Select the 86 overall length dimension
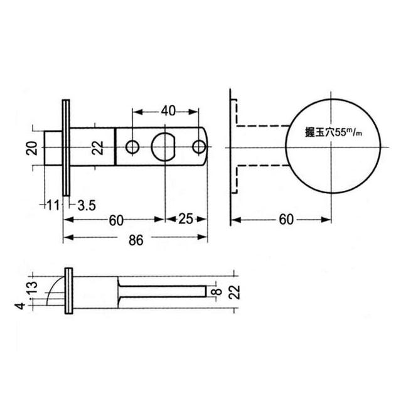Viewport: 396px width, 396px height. click(136, 239)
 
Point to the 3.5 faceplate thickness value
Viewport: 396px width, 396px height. click(86, 205)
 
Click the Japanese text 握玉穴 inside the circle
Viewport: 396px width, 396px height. click(311, 132)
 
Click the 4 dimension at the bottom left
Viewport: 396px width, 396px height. click(21, 306)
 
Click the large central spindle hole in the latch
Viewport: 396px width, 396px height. click(164, 147)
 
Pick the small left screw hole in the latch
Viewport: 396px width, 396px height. click(132, 147)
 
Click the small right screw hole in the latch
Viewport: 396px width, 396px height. click(199, 147)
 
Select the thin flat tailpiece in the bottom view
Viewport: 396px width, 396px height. click(163, 292)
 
